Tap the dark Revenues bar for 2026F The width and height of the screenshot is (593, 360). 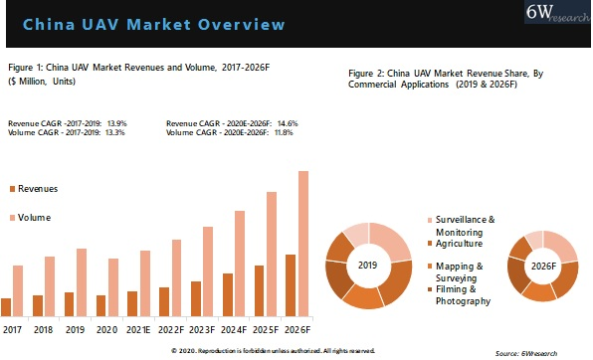click(x=290, y=283)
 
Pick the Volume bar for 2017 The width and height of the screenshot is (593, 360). click(x=18, y=289)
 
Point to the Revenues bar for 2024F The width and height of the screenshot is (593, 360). click(x=227, y=292)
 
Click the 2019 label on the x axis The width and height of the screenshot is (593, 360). click(x=76, y=328)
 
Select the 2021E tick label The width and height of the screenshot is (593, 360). click(x=138, y=328)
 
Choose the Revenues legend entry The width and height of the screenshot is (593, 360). click(x=37, y=188)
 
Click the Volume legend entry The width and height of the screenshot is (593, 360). click(x=34, y=217)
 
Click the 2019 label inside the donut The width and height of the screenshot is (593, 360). click(x=368, y=265)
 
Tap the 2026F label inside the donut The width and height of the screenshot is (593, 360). click(x=542, y=267)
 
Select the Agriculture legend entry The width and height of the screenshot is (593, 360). click(x=459, y=244)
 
